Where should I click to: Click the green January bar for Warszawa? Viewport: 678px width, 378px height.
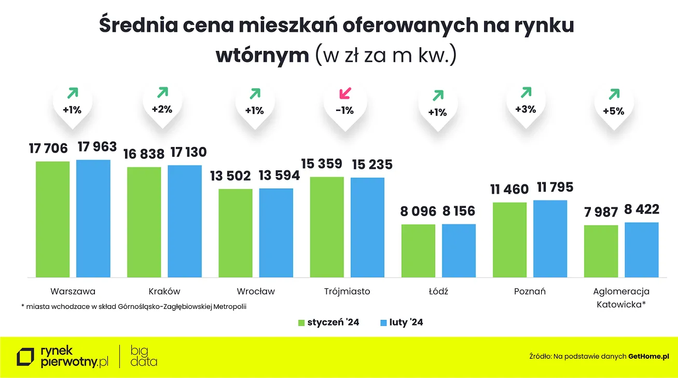tap(52, 219)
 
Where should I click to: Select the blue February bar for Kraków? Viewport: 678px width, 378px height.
tap(185, 221)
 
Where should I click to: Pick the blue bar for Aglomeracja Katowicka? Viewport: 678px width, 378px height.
tap(641, 249)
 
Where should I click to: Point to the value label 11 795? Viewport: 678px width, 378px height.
tap(554, 187)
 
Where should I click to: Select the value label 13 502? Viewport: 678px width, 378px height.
tap(230, 176)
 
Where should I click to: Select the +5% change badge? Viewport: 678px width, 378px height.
tap(613, 111)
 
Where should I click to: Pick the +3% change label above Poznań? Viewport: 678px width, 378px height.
tap(525, 110)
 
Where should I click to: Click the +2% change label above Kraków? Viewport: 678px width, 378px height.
tap(162, 110)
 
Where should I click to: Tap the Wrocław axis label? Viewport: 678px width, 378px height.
tap(256, 291)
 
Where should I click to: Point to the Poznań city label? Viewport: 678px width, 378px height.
tap(530, 291)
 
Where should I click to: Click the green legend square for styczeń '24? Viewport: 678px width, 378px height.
tap(301, 323)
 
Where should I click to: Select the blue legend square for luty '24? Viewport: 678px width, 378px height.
tap(383, 323)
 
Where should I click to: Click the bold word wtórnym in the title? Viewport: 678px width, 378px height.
tap(262, 55)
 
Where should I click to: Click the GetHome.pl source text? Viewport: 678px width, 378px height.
tap(648, 356)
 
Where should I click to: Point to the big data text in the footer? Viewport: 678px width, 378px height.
tap(144, 356)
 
